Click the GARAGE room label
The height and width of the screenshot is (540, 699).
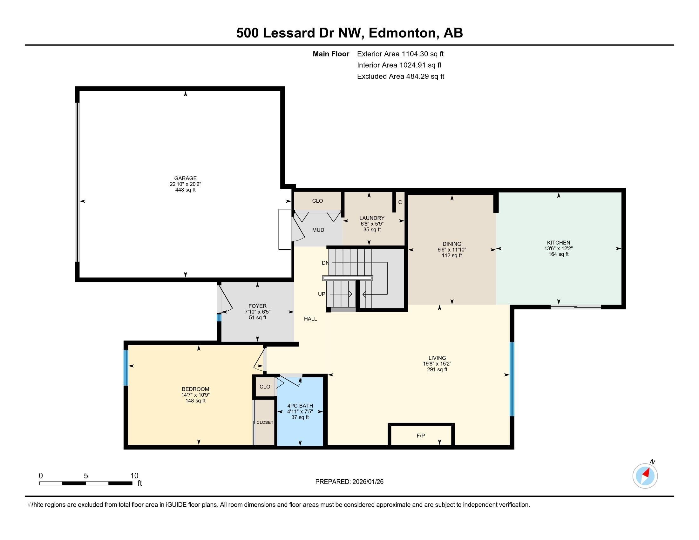185,178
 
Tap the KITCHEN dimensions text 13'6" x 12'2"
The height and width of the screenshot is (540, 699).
559,248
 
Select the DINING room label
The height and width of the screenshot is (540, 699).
451,244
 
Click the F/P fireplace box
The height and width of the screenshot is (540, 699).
421,435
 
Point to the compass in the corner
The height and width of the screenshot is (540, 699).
645,476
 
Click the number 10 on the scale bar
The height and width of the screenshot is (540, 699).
134,476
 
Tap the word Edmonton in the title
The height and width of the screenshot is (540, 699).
403,33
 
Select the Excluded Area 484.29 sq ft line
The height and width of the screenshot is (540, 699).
400,77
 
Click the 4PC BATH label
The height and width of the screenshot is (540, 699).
300,406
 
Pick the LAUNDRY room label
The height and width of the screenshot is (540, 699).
372,218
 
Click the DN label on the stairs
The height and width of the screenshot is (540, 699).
325,263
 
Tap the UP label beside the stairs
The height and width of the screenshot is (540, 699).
321,294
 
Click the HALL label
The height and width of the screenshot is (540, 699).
310,319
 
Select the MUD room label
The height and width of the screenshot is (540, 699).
318,230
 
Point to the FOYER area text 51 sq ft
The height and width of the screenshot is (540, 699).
257,317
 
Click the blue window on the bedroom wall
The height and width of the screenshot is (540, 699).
126,368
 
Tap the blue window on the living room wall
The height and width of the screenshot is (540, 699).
512,379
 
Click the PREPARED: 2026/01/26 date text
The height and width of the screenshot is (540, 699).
349,482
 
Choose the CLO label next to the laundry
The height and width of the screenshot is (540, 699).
317,201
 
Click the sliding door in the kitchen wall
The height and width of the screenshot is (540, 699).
575,307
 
